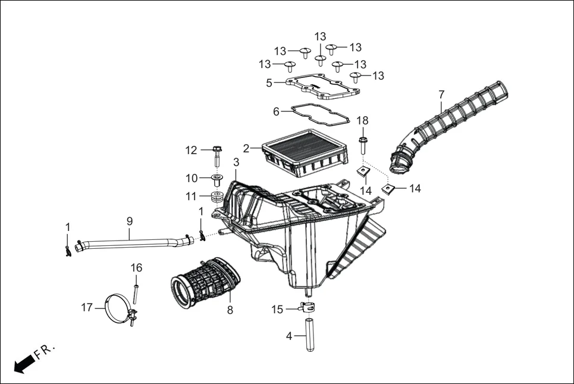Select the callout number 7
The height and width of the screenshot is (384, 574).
(x=441, y=94)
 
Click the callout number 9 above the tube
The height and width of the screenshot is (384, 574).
(x=129, y=221)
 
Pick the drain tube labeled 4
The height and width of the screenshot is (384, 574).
(x=309, y=336)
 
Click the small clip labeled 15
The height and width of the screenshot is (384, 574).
(x=306, y=308)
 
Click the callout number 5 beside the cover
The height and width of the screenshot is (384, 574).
(x=269, y=83)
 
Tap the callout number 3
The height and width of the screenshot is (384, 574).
(x=236, y=162)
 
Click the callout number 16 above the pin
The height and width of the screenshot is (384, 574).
(x=137, y=268)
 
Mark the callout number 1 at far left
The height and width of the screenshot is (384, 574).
(x=68, y=227)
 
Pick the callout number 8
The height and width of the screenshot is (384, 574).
(x=230, y=310)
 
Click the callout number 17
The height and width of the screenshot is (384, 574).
(x=87, y=307)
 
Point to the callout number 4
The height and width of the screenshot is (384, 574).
(x=289, y=336)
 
